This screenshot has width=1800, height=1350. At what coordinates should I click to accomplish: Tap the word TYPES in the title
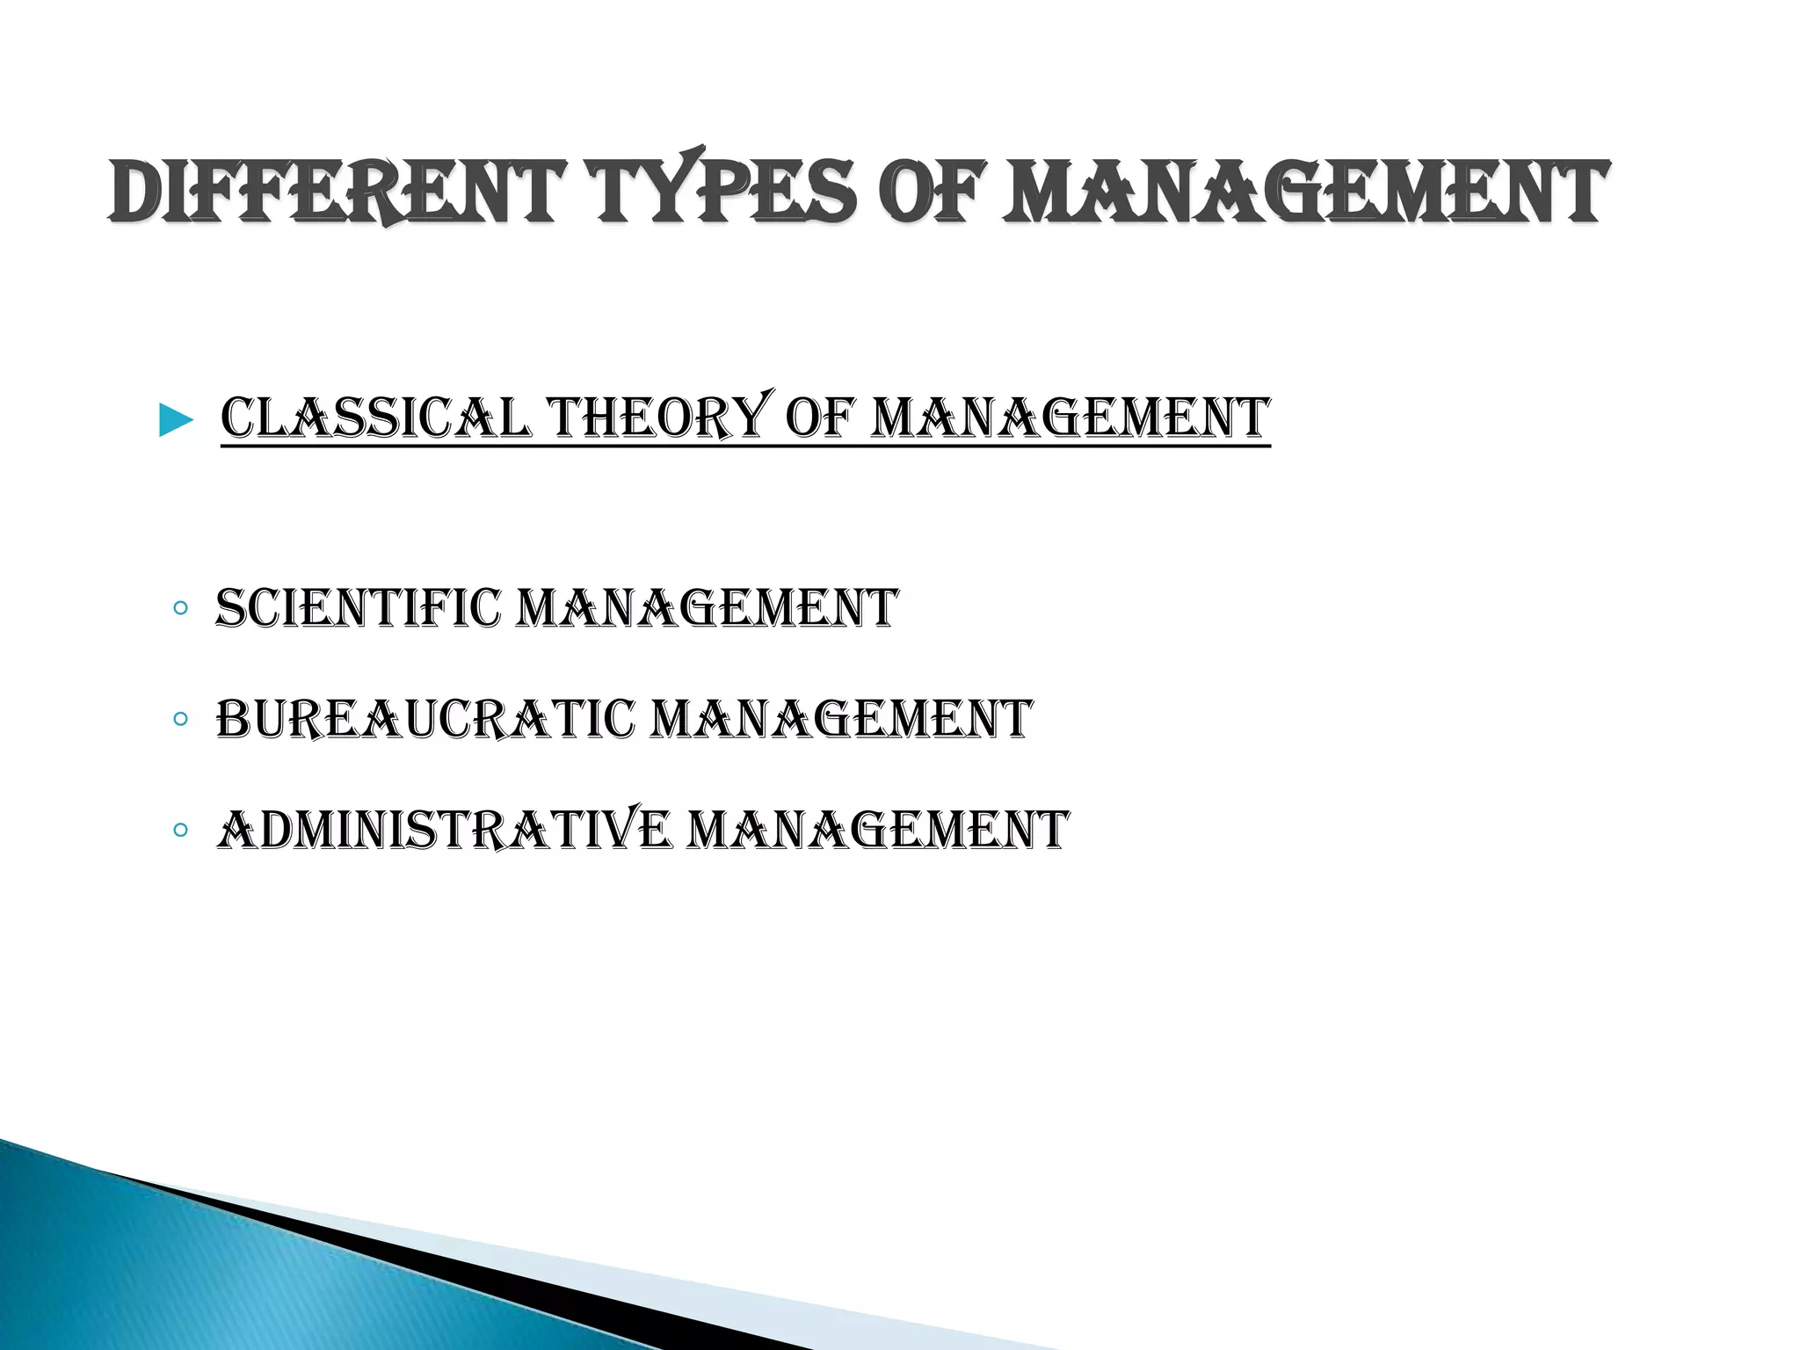coord(726,192)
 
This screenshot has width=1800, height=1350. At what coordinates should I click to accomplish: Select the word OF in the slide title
coord(932,192)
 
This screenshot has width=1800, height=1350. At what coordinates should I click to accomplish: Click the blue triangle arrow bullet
coord(176,421)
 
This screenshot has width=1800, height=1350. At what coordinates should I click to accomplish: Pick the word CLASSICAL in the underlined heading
coord(376,418)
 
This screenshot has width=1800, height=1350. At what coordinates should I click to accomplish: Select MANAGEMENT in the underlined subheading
coord(1071,418)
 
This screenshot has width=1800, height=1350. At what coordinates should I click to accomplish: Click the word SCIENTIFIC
coord(358,608)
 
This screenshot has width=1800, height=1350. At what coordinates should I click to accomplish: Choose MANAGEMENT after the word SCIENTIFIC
coord(707,608)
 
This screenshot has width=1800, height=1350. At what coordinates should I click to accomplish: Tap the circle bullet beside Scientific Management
coord(180,607)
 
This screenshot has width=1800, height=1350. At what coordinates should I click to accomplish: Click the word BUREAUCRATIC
coord(425,719)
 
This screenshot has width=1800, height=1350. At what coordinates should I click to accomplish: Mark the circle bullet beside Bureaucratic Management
coord(180,719)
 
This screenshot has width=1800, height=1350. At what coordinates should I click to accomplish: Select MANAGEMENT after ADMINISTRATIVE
coord(877,830)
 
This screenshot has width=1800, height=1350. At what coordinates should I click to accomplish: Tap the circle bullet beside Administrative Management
coord(180,830)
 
